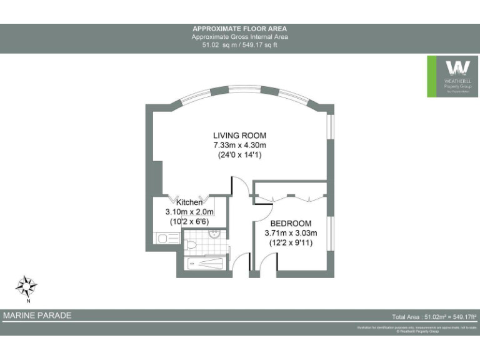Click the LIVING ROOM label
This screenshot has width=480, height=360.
[239, 136]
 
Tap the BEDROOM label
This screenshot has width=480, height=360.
[291, 224]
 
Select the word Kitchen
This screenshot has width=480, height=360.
[189, 202]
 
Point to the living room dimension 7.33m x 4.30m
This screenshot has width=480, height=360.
[239, 145]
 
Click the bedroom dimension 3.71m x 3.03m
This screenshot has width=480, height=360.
[291, 233]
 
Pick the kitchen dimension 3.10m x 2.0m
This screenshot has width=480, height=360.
[189, 212]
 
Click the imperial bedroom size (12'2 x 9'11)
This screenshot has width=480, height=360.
[291, 242]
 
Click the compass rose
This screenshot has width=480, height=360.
[26, 286]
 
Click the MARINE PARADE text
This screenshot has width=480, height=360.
[37, 316]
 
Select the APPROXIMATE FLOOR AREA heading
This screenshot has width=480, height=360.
[240, 29]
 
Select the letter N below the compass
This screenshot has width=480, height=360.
[27, 301]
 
